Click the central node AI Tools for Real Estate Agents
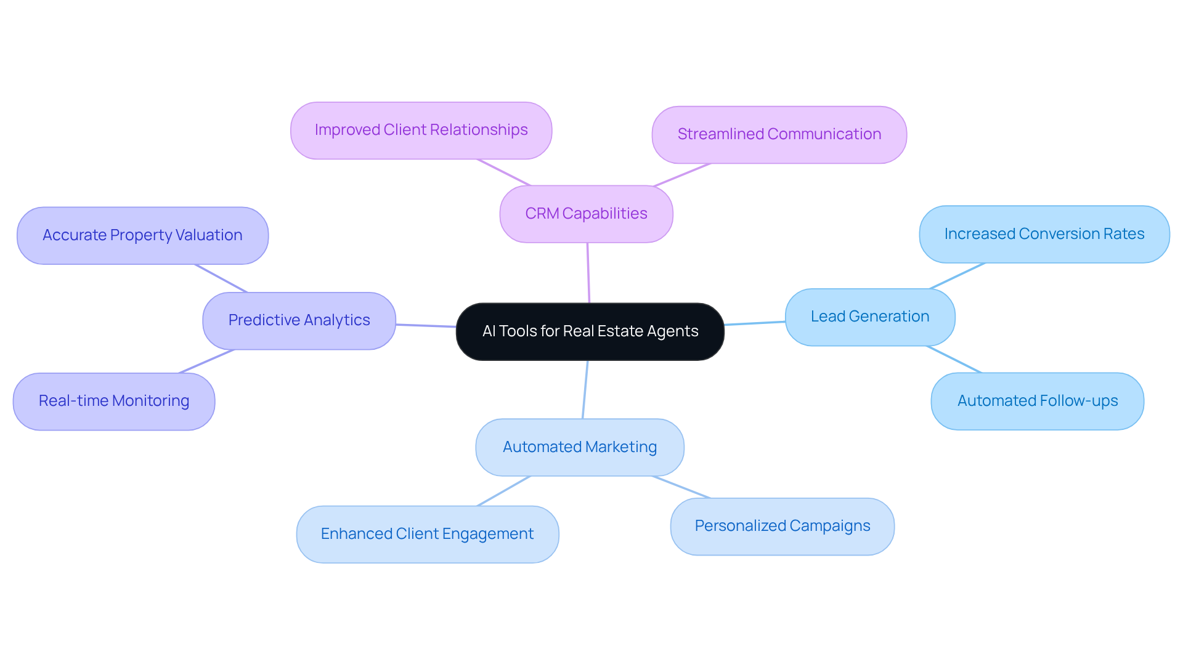click(590, 331)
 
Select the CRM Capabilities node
click(586, 214)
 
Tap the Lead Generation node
click(869, 317)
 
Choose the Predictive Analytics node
click(299, 320)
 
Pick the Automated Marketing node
click(579, 447)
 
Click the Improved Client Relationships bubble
click(421, 130)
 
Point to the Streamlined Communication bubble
click(779, 134)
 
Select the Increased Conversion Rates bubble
click(1044, 234)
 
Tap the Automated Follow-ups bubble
click(1037, 401)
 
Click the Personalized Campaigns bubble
click(782, 526)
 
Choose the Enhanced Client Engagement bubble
click(427, 534)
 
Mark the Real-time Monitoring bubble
click(114, 401)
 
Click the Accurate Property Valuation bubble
click(142, 235)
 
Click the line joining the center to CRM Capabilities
click(588, 273)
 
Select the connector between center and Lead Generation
click(755, 323)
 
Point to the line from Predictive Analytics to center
click(426, 325)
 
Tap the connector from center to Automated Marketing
click(585, 389)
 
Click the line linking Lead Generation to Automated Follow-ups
click(954, 359)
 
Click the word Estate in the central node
click(619, 331)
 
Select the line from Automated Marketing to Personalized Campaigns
click(681, 487)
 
